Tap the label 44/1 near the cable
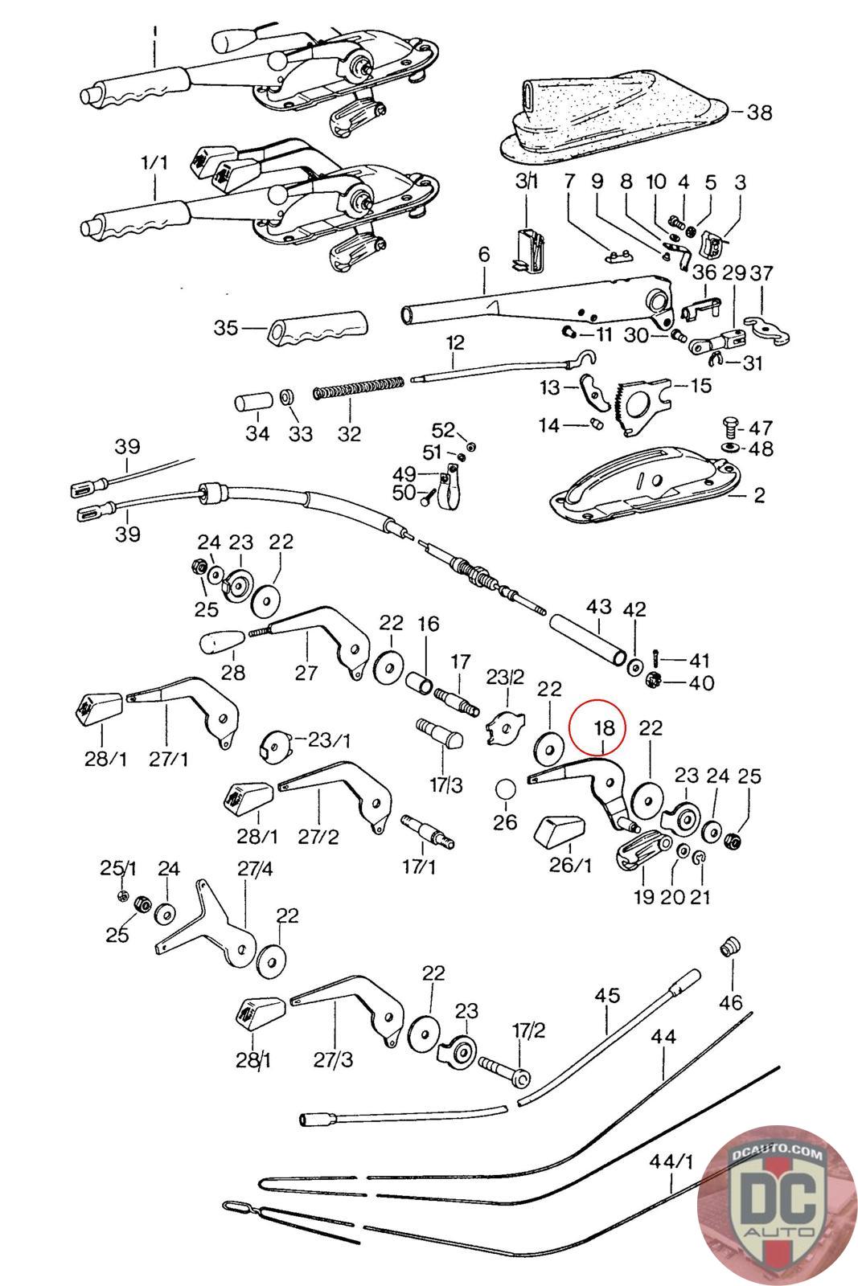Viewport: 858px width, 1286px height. tap(671, 1161)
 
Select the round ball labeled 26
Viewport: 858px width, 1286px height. tap(505, 788)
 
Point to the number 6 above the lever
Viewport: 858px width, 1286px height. tap(484, 254)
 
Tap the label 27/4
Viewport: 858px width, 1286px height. tap(255, 869)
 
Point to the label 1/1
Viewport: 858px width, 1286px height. tap(154, 163)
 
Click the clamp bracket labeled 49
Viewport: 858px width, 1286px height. tap(447, 489)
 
